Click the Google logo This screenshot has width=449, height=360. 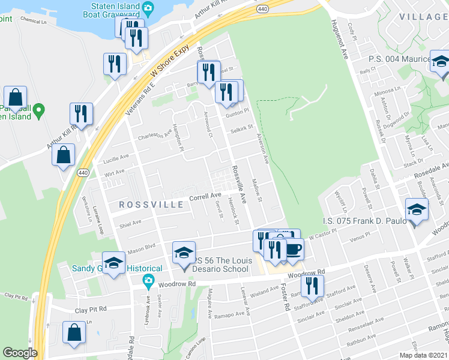(x=20, y=353)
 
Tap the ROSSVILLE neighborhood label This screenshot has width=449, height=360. (x=151, y=205)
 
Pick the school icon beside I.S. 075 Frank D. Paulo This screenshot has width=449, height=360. (x=417, y=210)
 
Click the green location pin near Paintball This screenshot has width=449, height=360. (x=39, y=110)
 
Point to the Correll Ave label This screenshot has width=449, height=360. (x=205, y=196)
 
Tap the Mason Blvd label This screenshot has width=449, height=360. (x=141, y=245)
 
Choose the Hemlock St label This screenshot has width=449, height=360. (x=234, y=213)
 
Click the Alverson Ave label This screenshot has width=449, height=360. (x=262, y=149)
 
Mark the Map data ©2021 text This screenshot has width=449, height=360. (x=424, y=355)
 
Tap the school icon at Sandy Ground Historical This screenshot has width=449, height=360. (x=113, y=263)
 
